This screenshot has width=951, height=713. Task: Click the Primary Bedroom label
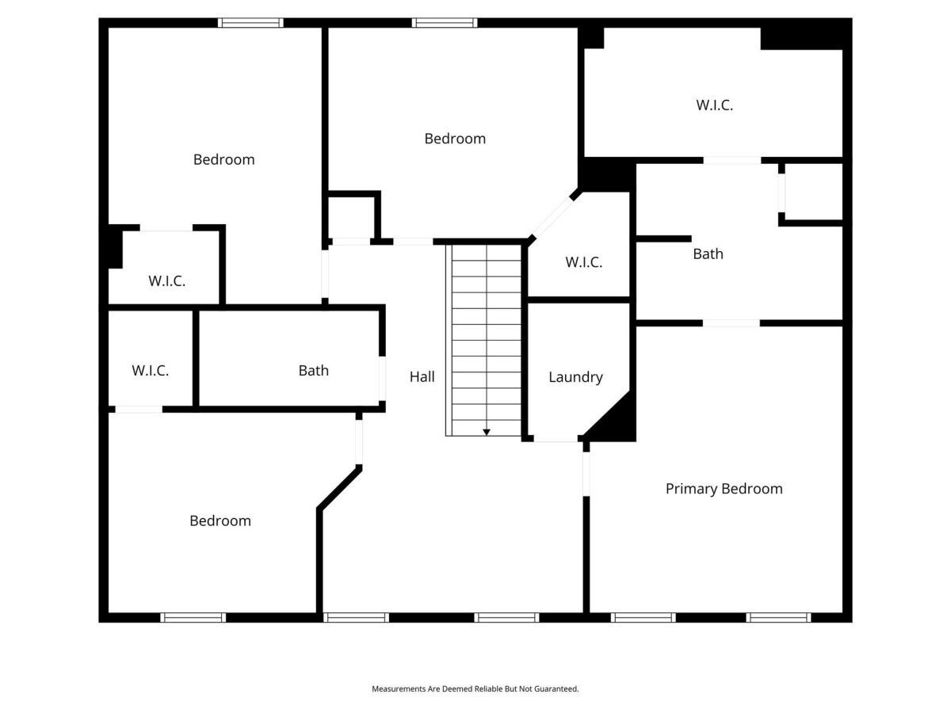tap(724, 489)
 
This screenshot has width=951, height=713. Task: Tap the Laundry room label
tap(575, 377)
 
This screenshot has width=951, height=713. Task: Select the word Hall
tap(422, 376)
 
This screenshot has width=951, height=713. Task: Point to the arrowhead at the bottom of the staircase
tap(487, 432)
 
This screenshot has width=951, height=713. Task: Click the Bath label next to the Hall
tap(314, 371)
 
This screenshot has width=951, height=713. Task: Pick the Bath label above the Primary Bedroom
tap(708, 254)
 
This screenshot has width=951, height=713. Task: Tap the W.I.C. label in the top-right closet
tap(715, 105)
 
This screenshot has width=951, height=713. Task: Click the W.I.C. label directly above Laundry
tap(583, 262)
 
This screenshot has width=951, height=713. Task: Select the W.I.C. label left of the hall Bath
tap(151, 371)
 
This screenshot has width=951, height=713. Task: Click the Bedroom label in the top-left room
tap(224, 160)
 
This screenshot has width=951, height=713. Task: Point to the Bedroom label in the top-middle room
tap(455, 139)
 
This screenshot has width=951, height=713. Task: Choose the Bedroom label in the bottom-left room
tap(220, 520)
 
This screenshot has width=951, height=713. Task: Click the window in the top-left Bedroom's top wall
tap(250, 23)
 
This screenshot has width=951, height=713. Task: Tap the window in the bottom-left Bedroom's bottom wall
tap(193, 618)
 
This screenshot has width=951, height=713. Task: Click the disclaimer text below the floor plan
tap(475, 688)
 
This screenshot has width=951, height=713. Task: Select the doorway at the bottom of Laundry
tap(556, 439)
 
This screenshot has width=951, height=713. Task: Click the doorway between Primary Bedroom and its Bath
tap(731, 323)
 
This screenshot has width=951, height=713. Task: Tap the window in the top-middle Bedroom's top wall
tap(445, 23)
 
